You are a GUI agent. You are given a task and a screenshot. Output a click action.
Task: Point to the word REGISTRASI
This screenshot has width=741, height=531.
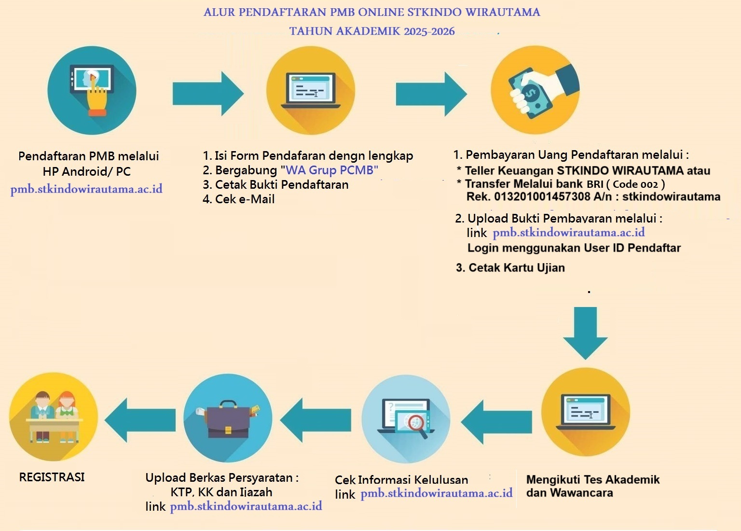(x=52, y=477)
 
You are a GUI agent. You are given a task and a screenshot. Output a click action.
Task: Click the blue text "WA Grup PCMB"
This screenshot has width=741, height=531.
(x=331, y=170)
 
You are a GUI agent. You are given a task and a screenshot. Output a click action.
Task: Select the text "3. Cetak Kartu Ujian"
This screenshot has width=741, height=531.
(x=510, y=267)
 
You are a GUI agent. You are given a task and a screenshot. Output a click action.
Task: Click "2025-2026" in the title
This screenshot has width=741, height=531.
(x=429, y=31)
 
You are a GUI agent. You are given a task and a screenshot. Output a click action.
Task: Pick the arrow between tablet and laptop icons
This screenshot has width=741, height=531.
(x=208, y=93)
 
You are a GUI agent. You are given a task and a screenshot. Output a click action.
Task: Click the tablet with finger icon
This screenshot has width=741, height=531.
(x=92, y=90)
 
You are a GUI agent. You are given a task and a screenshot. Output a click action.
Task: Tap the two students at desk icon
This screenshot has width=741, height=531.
(x=54, y=417)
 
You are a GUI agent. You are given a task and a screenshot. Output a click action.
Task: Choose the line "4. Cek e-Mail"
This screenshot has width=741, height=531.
(x=239, y=199)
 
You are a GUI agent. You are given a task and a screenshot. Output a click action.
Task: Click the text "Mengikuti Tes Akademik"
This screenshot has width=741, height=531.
(x=592, y=479)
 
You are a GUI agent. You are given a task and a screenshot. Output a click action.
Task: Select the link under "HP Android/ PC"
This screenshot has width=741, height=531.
(x=86, y=189)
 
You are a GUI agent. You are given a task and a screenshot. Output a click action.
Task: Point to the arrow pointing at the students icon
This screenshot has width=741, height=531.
(x=140, y=420)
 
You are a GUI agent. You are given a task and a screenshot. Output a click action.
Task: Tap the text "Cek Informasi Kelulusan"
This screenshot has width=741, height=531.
(x=401, y=480)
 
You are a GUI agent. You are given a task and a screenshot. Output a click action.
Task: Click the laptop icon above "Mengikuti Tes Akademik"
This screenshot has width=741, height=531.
(x=585, y=412)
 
